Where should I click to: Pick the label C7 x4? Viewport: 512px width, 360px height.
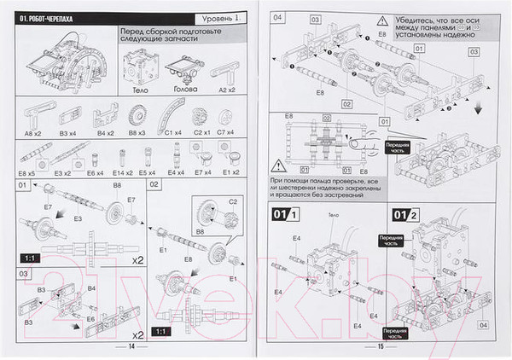(x=226, y=133)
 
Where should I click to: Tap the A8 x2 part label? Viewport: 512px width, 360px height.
(x=34, y=133)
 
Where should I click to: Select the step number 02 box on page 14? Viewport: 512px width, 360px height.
(x=154, y=184)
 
